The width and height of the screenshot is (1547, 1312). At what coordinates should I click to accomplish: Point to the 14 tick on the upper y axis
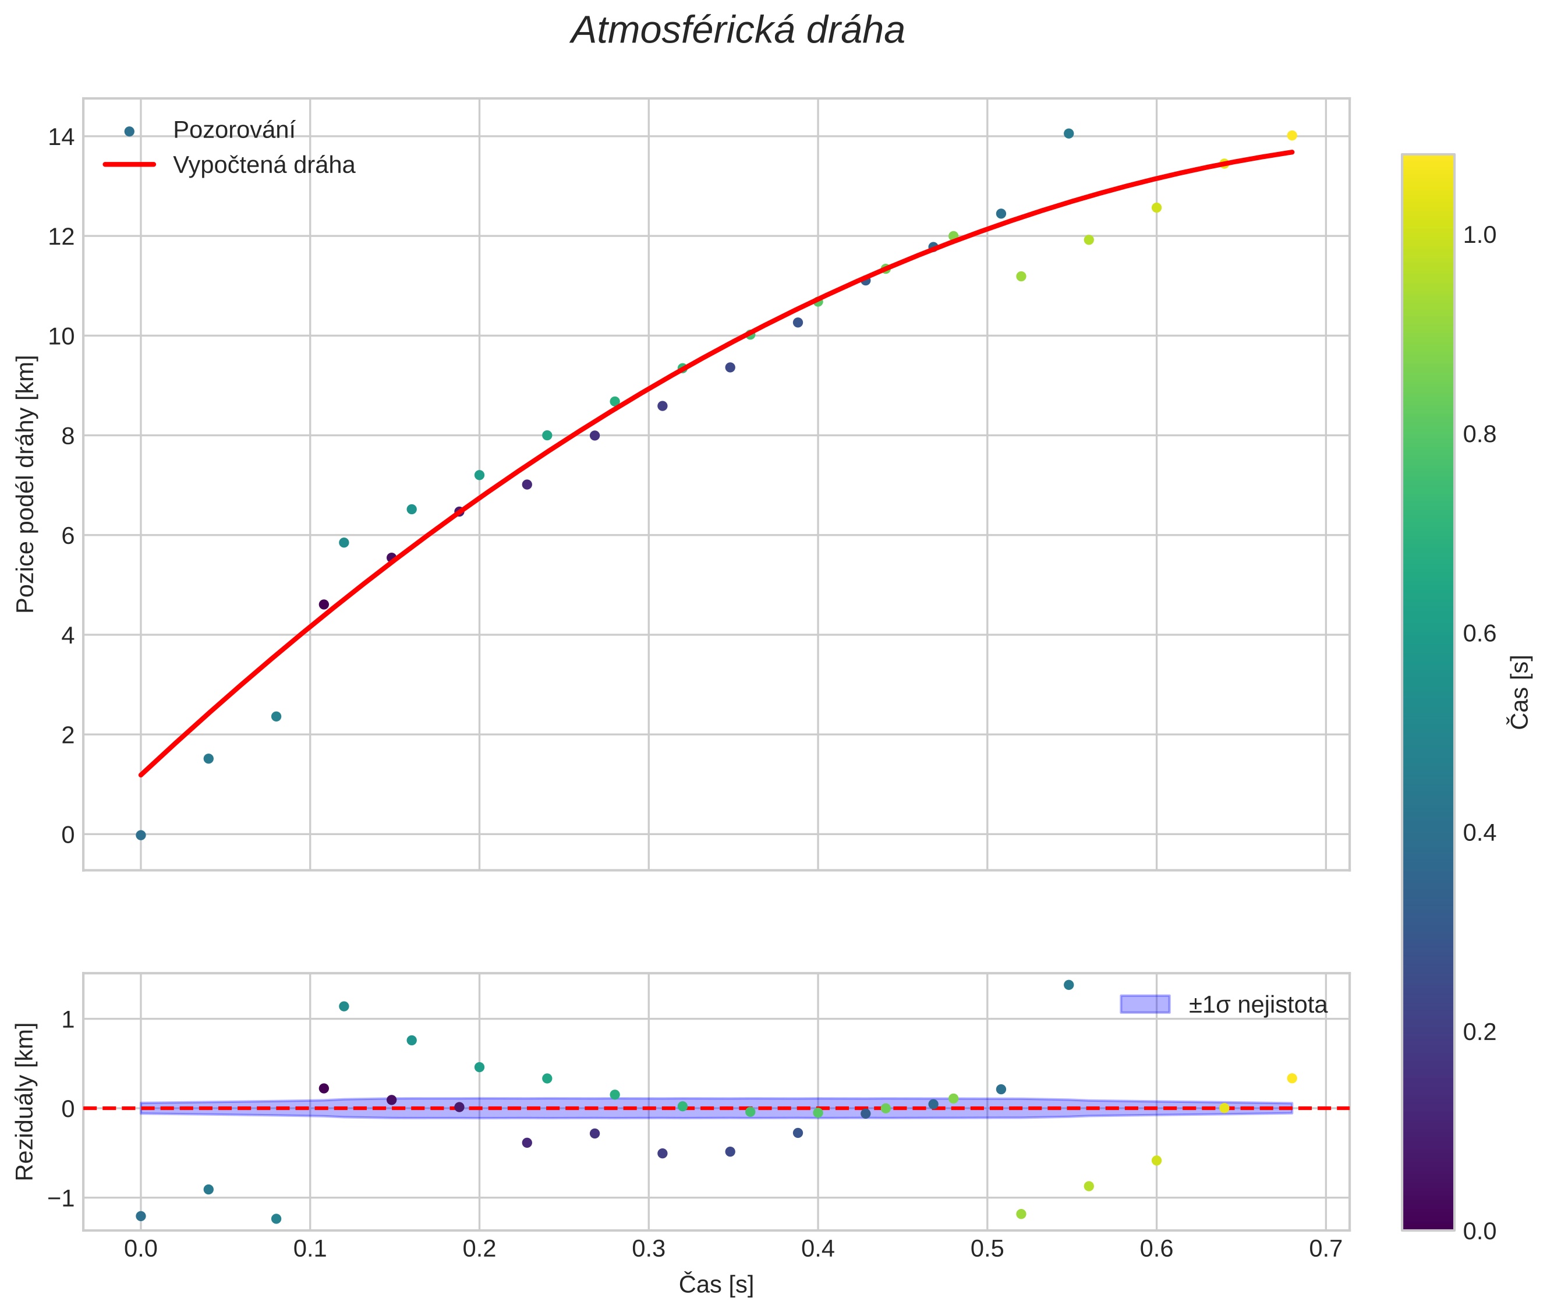pos(61,137)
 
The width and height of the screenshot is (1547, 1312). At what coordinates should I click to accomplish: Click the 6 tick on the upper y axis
pos(69,536)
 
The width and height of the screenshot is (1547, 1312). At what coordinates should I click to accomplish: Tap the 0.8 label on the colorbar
pos(1479,434)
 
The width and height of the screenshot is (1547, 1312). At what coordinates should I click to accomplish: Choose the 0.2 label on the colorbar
pos(1479,1032)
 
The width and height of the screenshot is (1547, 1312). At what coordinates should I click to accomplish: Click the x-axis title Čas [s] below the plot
pos(716,1285)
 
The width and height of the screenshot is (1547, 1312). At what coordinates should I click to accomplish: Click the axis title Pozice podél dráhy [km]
pos(25,484)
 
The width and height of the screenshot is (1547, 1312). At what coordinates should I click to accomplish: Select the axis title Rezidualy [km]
pos(25,1102)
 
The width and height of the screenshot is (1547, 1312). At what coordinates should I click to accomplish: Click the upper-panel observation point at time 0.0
pos(140,835)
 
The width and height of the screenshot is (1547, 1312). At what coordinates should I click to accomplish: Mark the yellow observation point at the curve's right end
pos(1292,135)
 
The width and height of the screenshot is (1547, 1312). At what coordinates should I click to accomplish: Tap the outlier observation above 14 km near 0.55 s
pos(1069,134)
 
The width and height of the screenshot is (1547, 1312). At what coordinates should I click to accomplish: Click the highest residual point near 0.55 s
pos(1069,985)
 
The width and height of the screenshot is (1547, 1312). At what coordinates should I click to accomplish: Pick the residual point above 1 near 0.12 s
pos(344,1006)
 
